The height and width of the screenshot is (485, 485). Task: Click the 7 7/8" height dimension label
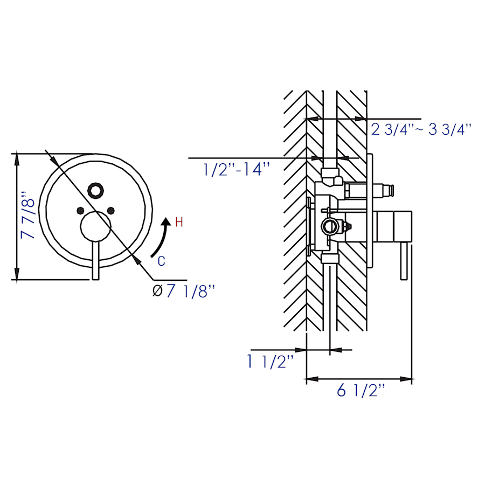click(x=27, y=215)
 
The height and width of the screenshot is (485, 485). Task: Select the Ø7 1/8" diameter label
click(x=184, y=291)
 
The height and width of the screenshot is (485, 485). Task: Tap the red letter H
click(x=179, y=223)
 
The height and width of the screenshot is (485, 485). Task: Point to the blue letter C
click(x=161, y=261)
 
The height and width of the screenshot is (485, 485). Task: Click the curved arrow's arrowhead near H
click(x=167, y=221)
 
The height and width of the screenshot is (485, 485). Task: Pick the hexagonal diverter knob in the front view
click(x=95, y=191)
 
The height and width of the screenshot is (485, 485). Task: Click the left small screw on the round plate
click(x=80, y=211)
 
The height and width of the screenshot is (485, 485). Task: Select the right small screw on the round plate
click(x=110, y=211)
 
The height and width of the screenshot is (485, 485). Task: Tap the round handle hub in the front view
click(x=95, y=226)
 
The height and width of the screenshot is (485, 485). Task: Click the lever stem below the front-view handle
click(x=95, y=260)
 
